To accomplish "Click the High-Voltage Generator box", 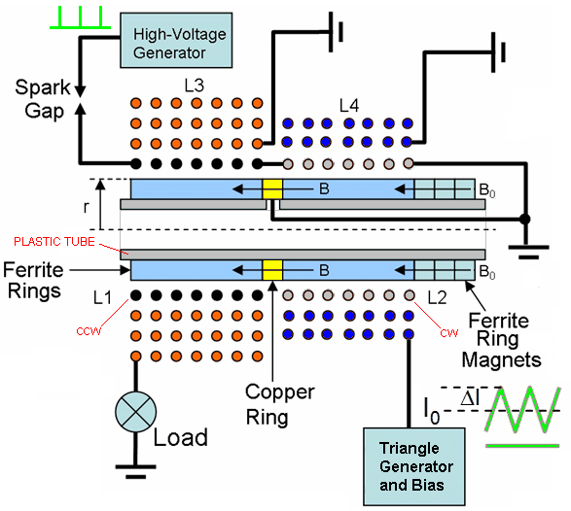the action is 176,41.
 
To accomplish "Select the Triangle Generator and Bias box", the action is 414,466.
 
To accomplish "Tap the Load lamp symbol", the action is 135,412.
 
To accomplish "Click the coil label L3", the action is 195,85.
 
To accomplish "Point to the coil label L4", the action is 349,106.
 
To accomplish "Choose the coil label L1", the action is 102,298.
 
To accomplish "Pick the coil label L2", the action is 437,298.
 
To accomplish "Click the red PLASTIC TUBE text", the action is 54,242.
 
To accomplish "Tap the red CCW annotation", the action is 89,331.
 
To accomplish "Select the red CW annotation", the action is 449,333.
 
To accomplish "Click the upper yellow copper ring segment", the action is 272,188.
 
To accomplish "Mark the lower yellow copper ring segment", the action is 272,270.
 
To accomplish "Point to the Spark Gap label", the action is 43,99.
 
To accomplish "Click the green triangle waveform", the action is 522,410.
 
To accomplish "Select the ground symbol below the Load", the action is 135,471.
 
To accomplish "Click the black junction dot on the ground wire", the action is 524,219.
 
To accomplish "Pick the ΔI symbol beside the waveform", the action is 471,398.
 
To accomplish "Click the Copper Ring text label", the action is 280,404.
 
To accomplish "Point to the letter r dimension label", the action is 86,207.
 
